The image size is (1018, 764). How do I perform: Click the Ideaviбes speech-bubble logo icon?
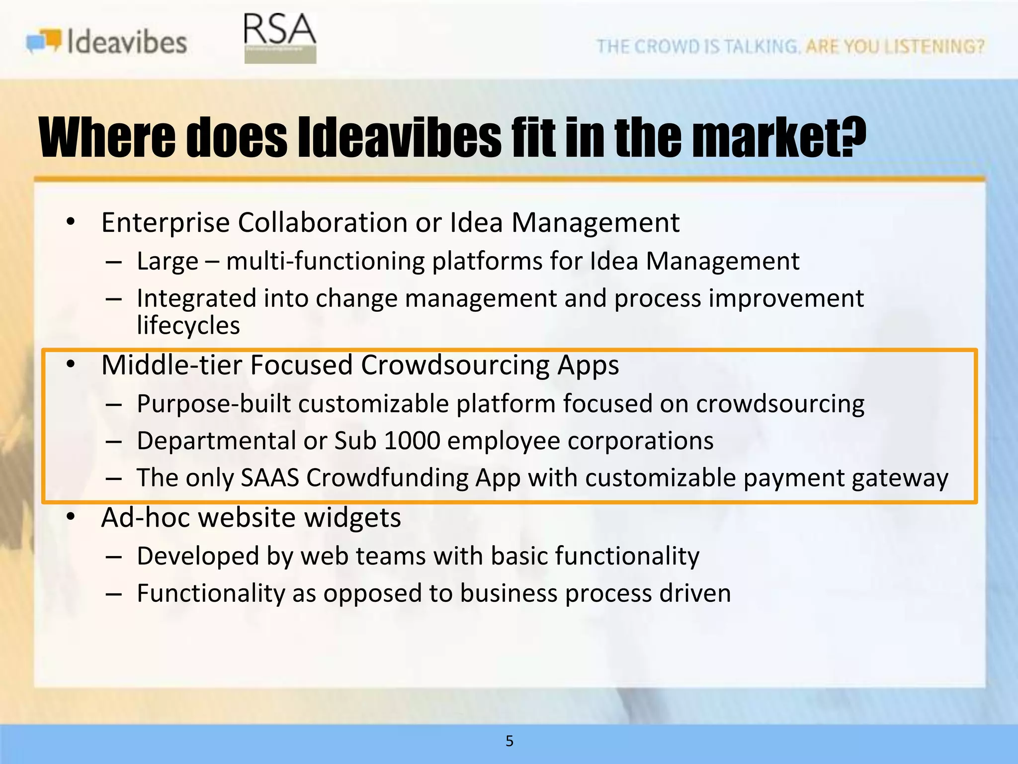(44, 41)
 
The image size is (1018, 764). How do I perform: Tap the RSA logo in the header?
(280, 38)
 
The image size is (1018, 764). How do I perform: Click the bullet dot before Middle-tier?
(71, 365)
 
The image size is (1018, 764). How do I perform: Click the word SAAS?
(270, 478)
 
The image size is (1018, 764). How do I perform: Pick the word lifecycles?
(188, 325)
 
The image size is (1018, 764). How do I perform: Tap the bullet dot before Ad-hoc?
(71, 517)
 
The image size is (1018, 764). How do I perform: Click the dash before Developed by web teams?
(114, 557)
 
